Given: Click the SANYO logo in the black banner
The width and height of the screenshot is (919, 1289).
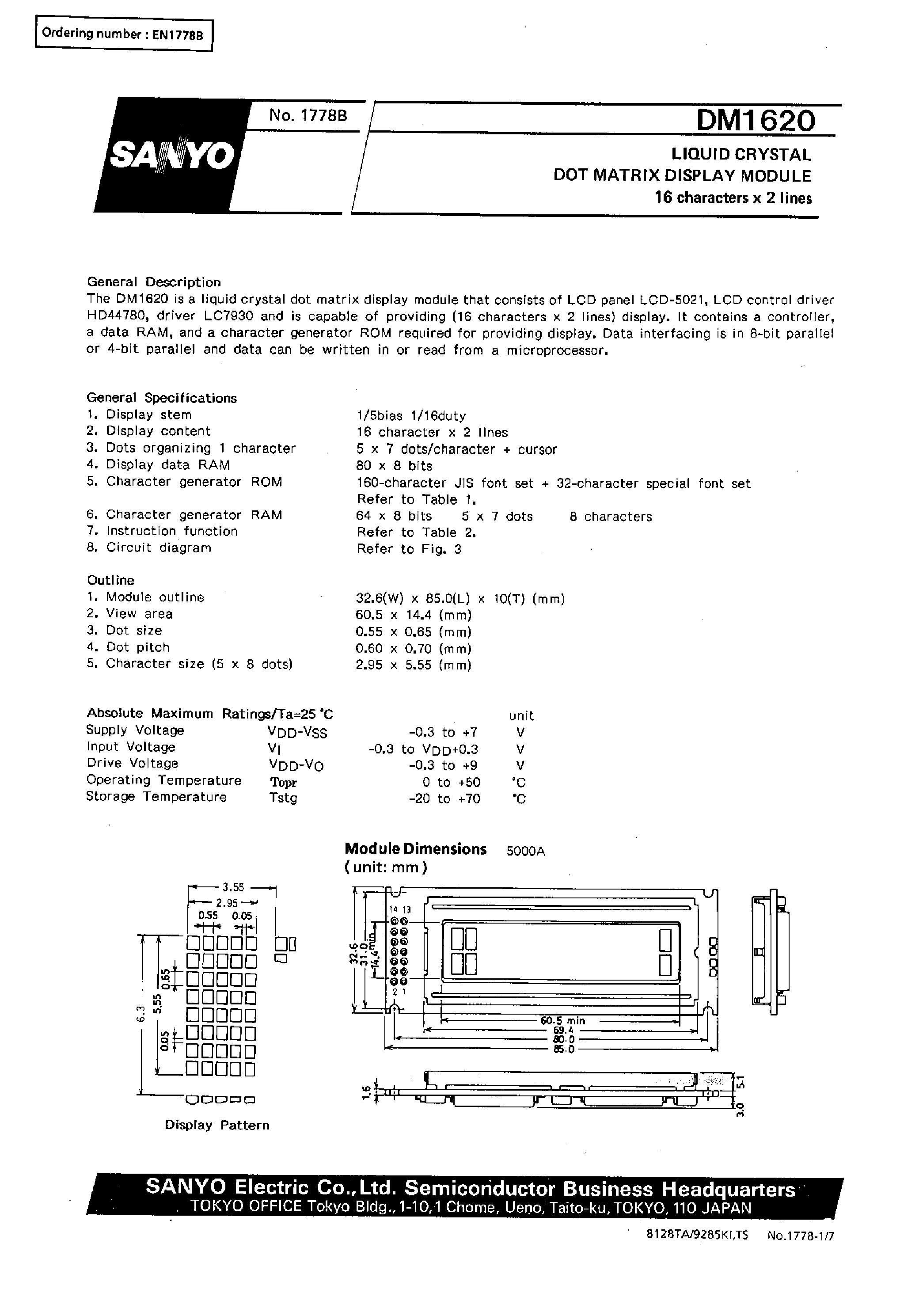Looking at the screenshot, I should tap(171, 155).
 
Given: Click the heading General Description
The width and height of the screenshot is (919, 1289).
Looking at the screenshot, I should tap(153, 282).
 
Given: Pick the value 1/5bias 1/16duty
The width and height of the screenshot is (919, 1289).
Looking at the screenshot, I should tap(411, 416).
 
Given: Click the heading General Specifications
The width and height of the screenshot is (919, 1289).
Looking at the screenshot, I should tap(161, 398).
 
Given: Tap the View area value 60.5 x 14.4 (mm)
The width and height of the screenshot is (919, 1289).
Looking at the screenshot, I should tap(414, 615).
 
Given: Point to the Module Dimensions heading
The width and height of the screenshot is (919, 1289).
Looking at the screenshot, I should tap(415, 849).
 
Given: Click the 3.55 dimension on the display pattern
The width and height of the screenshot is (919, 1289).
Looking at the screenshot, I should tap(232, 888).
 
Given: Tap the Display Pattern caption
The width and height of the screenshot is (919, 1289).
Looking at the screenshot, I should tap(217, 1125).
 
